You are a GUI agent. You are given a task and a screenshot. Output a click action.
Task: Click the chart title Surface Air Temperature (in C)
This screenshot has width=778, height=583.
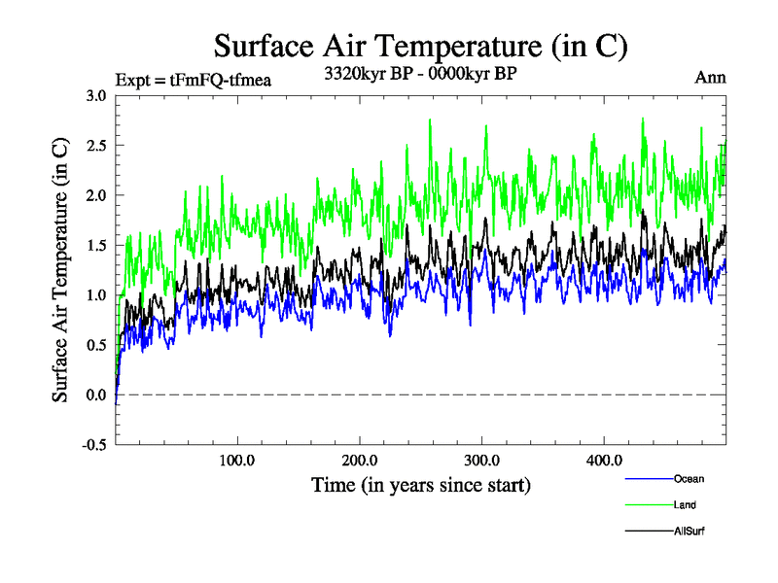click(420, 46)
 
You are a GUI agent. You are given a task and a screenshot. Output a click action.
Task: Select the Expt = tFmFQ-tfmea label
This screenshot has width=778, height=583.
click(193, 79)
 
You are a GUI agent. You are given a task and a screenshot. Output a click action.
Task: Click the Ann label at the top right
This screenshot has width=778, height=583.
click(709, 78)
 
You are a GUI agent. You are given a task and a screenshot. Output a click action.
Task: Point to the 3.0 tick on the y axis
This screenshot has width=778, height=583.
click(95, 95)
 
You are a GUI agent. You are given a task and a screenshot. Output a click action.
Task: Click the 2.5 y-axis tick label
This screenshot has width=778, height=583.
click(95, 146)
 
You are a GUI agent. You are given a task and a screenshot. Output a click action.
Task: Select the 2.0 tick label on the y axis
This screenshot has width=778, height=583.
click(95, 195)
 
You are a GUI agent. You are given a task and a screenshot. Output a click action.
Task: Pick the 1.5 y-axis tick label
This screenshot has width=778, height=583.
click(95, 245)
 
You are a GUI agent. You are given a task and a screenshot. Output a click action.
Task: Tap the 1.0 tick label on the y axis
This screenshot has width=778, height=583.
click(95, 295)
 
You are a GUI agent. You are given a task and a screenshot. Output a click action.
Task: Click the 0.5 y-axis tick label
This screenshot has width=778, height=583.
click(95, 345)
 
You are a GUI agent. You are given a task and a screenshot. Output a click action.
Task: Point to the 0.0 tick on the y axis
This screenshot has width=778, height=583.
click(95, 394)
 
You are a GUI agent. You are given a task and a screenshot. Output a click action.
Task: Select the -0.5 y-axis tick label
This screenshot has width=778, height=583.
click(93, 445)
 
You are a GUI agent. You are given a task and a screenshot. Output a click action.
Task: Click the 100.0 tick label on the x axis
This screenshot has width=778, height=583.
click(237, 460)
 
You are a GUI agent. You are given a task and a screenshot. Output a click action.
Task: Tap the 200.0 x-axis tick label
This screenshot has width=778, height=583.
click(360, 460)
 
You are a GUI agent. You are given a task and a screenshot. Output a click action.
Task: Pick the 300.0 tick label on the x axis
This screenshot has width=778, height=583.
click(482, 460)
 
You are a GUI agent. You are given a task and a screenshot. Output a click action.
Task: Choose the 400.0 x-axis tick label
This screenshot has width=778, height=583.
click(605, 460)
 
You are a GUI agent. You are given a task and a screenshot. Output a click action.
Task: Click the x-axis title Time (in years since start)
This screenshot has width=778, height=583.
click(420, 483)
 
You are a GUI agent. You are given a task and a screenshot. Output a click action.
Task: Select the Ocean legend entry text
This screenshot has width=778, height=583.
click(689, 479)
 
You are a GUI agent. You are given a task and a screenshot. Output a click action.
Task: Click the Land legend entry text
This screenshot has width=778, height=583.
click(685, 505)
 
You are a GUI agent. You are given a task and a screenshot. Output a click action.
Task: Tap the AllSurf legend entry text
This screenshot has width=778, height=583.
click(690, 532)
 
